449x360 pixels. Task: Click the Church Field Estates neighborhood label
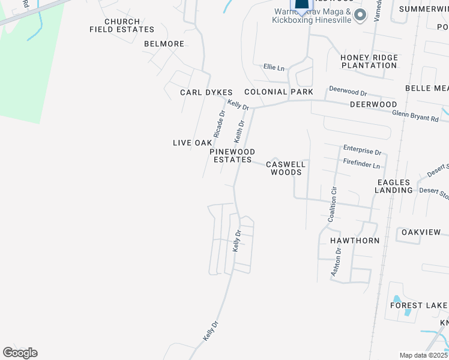click(x=122, y=25)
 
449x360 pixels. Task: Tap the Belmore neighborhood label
click(x=164, y=44)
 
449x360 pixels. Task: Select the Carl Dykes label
click(x=206, y=92)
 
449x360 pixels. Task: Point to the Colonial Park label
click(x=279, y=92)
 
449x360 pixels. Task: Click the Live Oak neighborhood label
click(x=192, y=143)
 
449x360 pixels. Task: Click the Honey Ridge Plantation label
click(x=369, y=61)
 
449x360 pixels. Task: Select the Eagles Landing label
click(x=394, y=186)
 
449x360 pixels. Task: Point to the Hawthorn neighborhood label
click(x=355, y=241)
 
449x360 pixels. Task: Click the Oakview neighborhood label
click(x=421, y=232)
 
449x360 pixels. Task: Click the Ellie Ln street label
click(x=274, y=68)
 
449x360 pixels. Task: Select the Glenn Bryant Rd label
click(x=415, y=116)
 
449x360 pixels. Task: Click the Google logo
click(x=20, y=353)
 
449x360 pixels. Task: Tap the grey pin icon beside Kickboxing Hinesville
click(x=360, y=15)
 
